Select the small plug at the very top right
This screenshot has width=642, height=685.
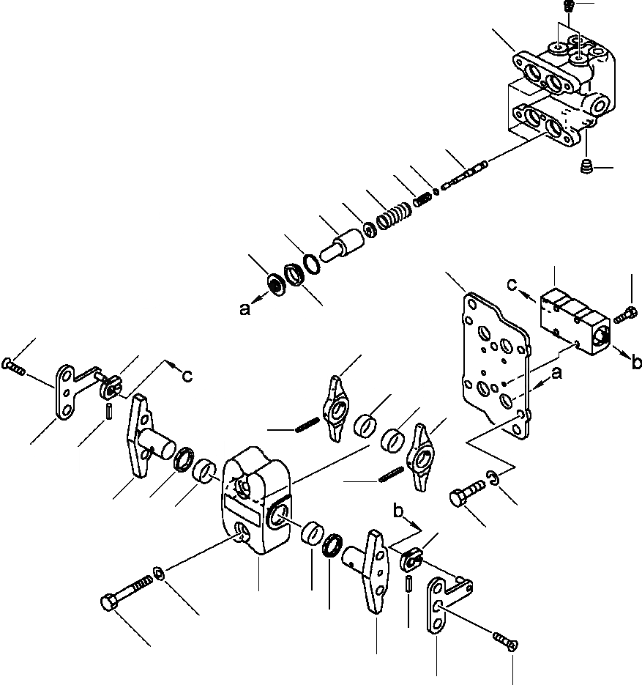[570, 6]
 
